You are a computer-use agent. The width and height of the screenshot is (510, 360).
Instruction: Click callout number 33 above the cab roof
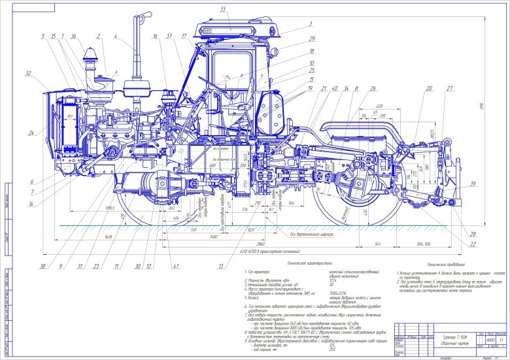coord(223,9)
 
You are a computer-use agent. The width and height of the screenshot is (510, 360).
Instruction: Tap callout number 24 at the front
coord(31,133)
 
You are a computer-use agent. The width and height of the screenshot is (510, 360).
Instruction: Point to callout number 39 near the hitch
coord(473,185)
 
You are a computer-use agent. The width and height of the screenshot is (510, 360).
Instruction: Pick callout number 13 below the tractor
coord(222,266)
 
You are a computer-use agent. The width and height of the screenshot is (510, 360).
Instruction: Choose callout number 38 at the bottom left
coord(43,266)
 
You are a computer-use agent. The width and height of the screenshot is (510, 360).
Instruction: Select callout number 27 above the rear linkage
coord(450,88)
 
